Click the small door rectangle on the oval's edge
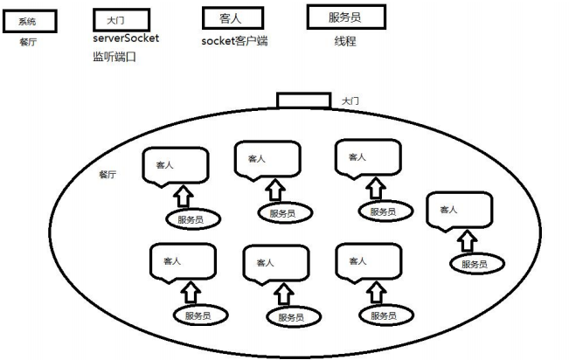tap(303, 100)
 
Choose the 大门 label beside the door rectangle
tap(350, 101)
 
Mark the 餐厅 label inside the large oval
tap(108, 175)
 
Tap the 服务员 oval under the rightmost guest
tap(474, 263)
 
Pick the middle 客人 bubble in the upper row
tap(267, 160)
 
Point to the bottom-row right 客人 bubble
tap(367, 261)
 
